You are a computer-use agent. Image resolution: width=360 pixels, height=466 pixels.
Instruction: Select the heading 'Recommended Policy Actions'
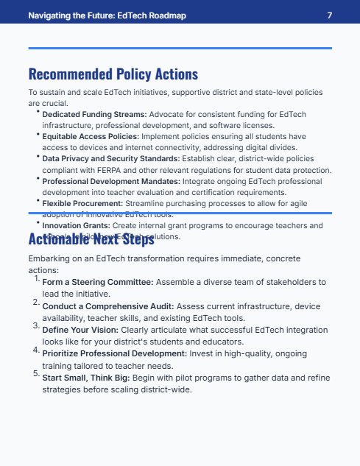pyautogui.click(x=113, y=74)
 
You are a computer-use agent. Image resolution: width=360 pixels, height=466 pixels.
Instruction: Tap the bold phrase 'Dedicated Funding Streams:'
pyautogui.click(x=95, y=115)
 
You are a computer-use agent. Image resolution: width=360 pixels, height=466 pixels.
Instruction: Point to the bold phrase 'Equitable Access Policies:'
pyautogui.click(x=93, y=137)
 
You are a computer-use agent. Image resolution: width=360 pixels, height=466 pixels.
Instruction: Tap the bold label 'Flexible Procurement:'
pyautogui.click(x=82, y=202)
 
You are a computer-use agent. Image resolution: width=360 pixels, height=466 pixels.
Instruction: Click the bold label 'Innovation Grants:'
pyautogui.click(x=77, y=225)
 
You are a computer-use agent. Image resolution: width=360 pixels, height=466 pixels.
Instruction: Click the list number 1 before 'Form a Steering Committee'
pyautogui.click(x=36, y=278)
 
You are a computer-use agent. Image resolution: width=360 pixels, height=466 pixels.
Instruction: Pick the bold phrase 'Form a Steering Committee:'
pyautogui.click(x=97, y=282)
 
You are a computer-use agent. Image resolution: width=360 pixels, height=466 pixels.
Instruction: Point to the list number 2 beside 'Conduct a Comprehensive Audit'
pyautogui.click(x=36, y=301)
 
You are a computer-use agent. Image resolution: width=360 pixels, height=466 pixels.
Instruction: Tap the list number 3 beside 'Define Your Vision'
pyautogui.click(x=36, y=325)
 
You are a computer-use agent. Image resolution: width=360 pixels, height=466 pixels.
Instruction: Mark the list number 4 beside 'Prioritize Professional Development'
pyautogui.click(x=36, y=349)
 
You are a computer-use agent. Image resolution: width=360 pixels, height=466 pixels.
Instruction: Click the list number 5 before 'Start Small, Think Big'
pyautogui.click(x=36, y=373)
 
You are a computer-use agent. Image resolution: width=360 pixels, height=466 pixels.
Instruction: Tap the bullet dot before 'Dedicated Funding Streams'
pyautogui.click(x=38, y=112)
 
